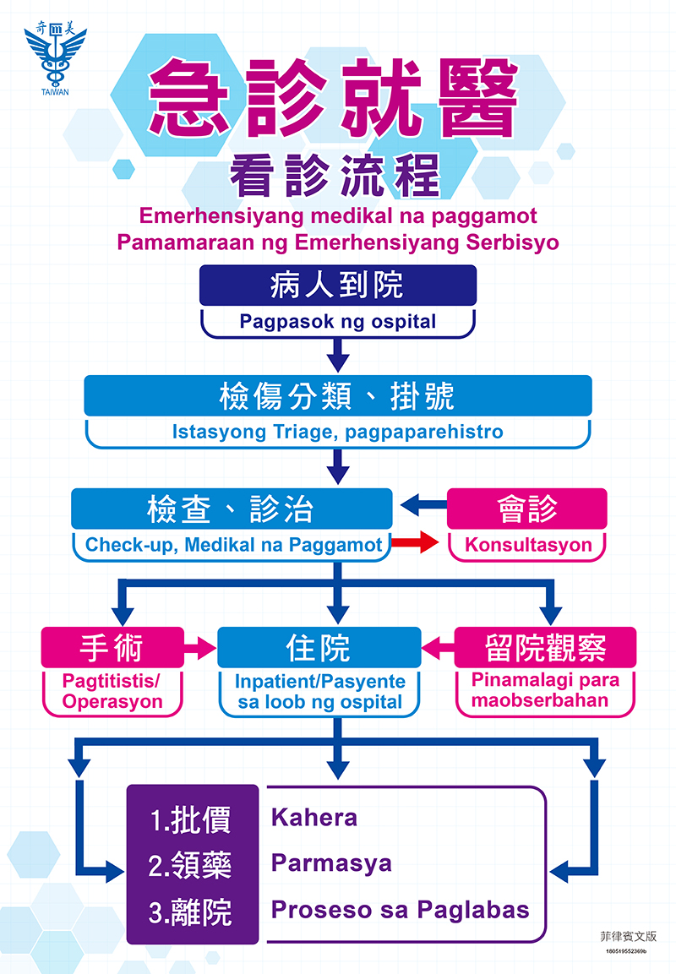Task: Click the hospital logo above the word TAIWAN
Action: tap(55, 55)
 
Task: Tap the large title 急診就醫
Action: tap(333, 100)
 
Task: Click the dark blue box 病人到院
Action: tap(338, 286)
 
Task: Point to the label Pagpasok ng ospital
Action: tap(338, 322)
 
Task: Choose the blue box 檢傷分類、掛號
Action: tap(338, 395)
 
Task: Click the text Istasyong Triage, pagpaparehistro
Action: tap(338, 433)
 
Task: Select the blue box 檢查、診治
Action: tap(232, 509)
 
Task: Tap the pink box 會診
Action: tap(526, 509)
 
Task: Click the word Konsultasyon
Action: tap(528, 545)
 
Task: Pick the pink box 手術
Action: tap(112, 648)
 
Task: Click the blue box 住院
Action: tap(319, 648)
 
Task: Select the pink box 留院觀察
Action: tap(545, 648)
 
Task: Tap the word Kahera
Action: tap(314, 818)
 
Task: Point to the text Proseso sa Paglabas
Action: tap(400, 910)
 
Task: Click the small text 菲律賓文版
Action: tap(627, 937)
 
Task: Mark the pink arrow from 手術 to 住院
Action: tap(200, 649)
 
